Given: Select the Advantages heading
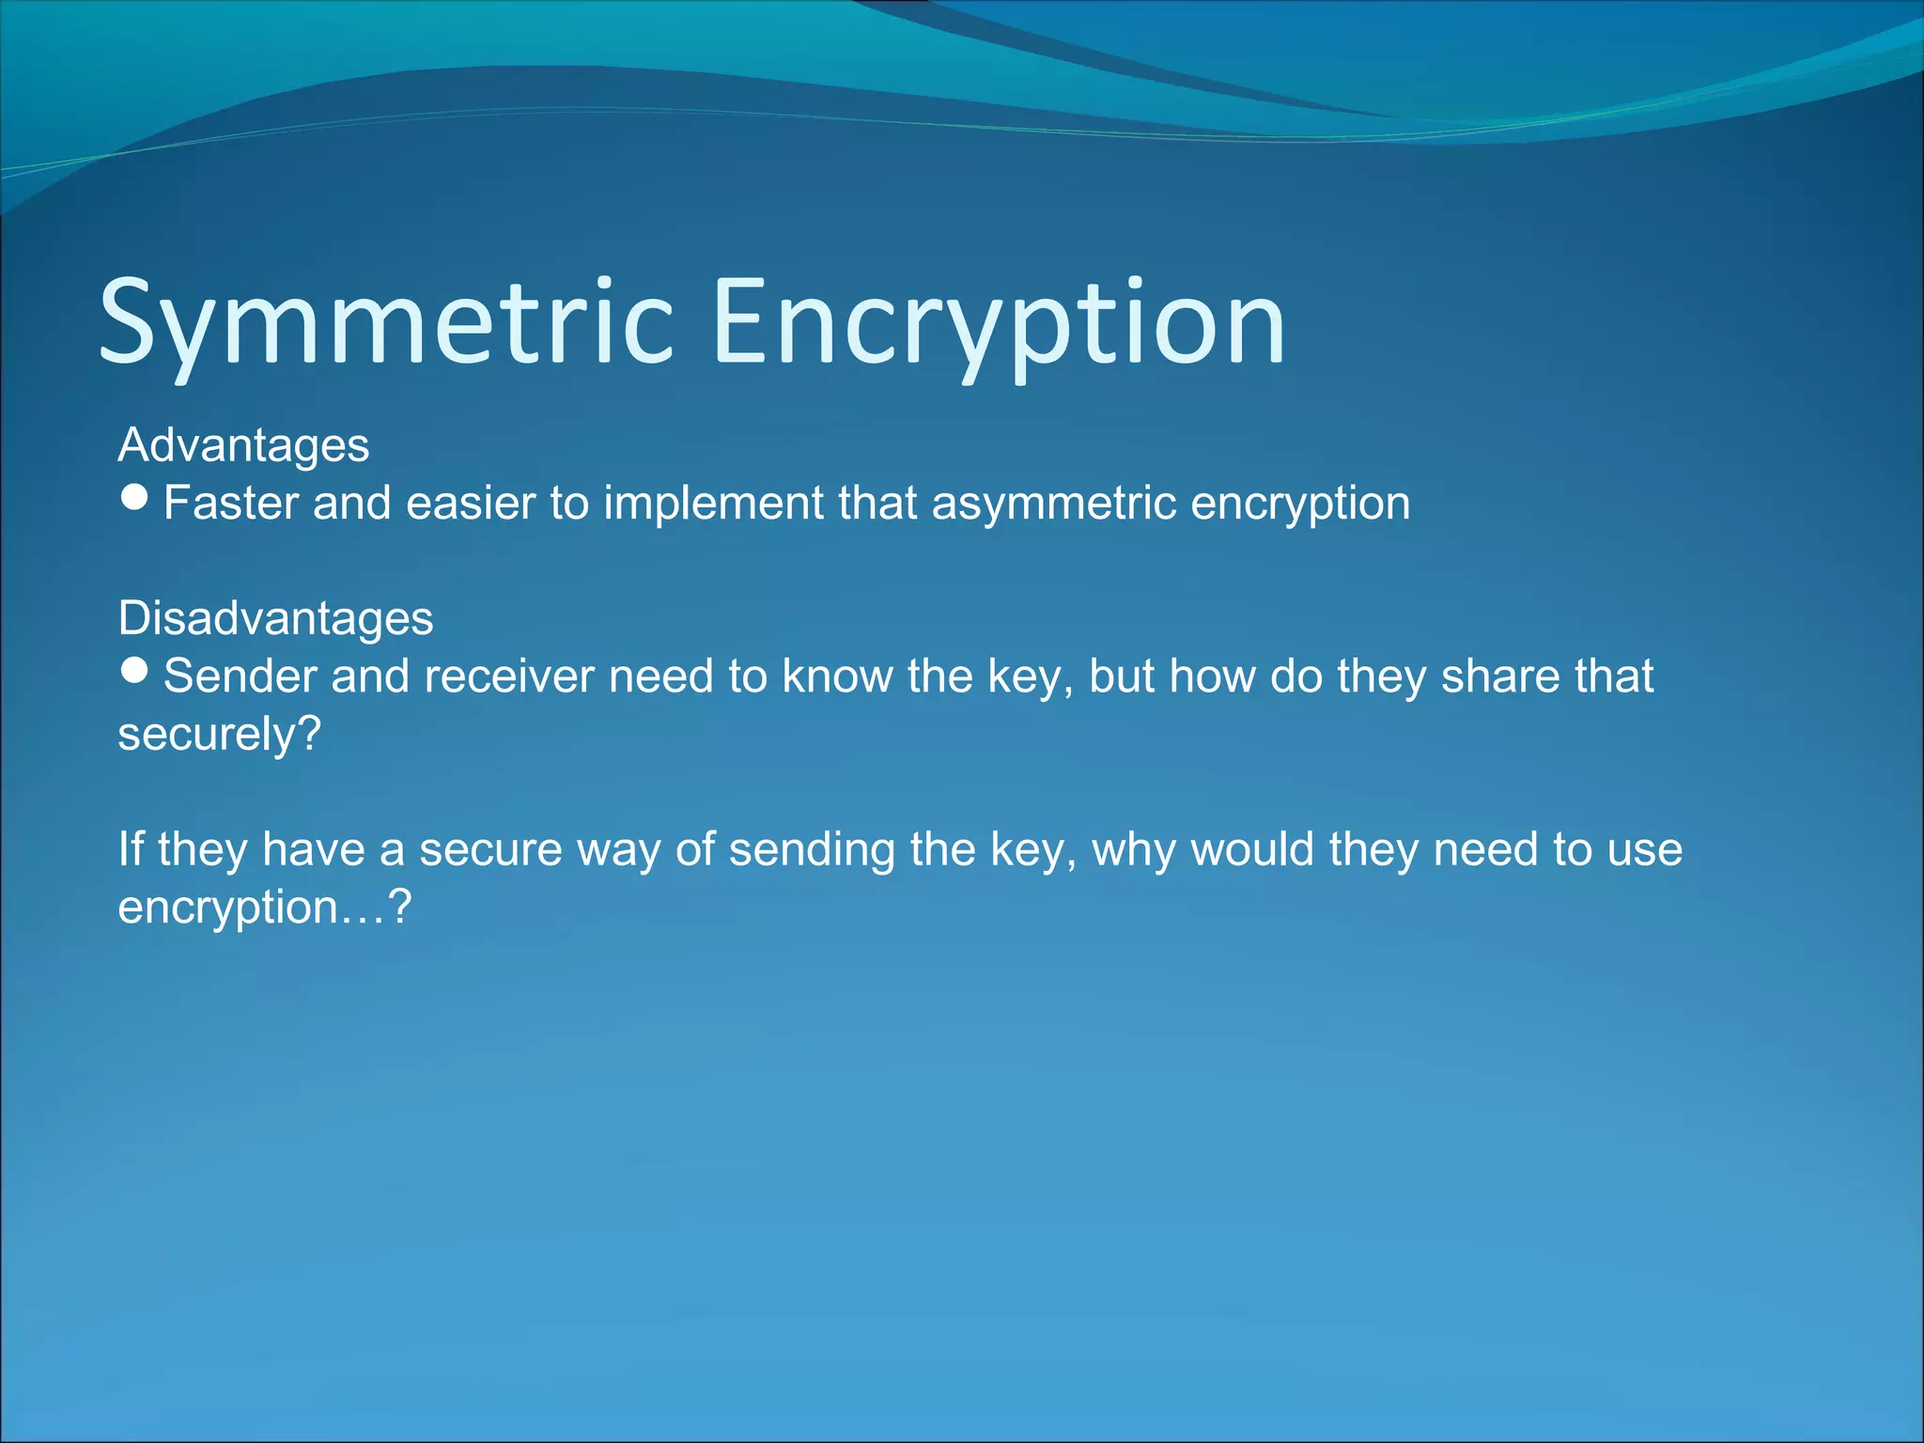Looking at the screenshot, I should click(x=243, y=445).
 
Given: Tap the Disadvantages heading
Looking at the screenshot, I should click(x=275, y=619).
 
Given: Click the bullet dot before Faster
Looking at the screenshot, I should click(x=135, y=497).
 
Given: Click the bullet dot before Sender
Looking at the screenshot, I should click(x=135, y=670).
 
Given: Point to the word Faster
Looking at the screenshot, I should click(x=230, y=503).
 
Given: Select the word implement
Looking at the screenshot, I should click(x=712, y=504).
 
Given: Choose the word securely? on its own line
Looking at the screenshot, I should click(x=219, y=735).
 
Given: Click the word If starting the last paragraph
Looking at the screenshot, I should click(x=130, y=849).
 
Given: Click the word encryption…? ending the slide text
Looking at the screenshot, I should click(x=264, y=908).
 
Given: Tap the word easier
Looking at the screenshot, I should click(x=471, y=504).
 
